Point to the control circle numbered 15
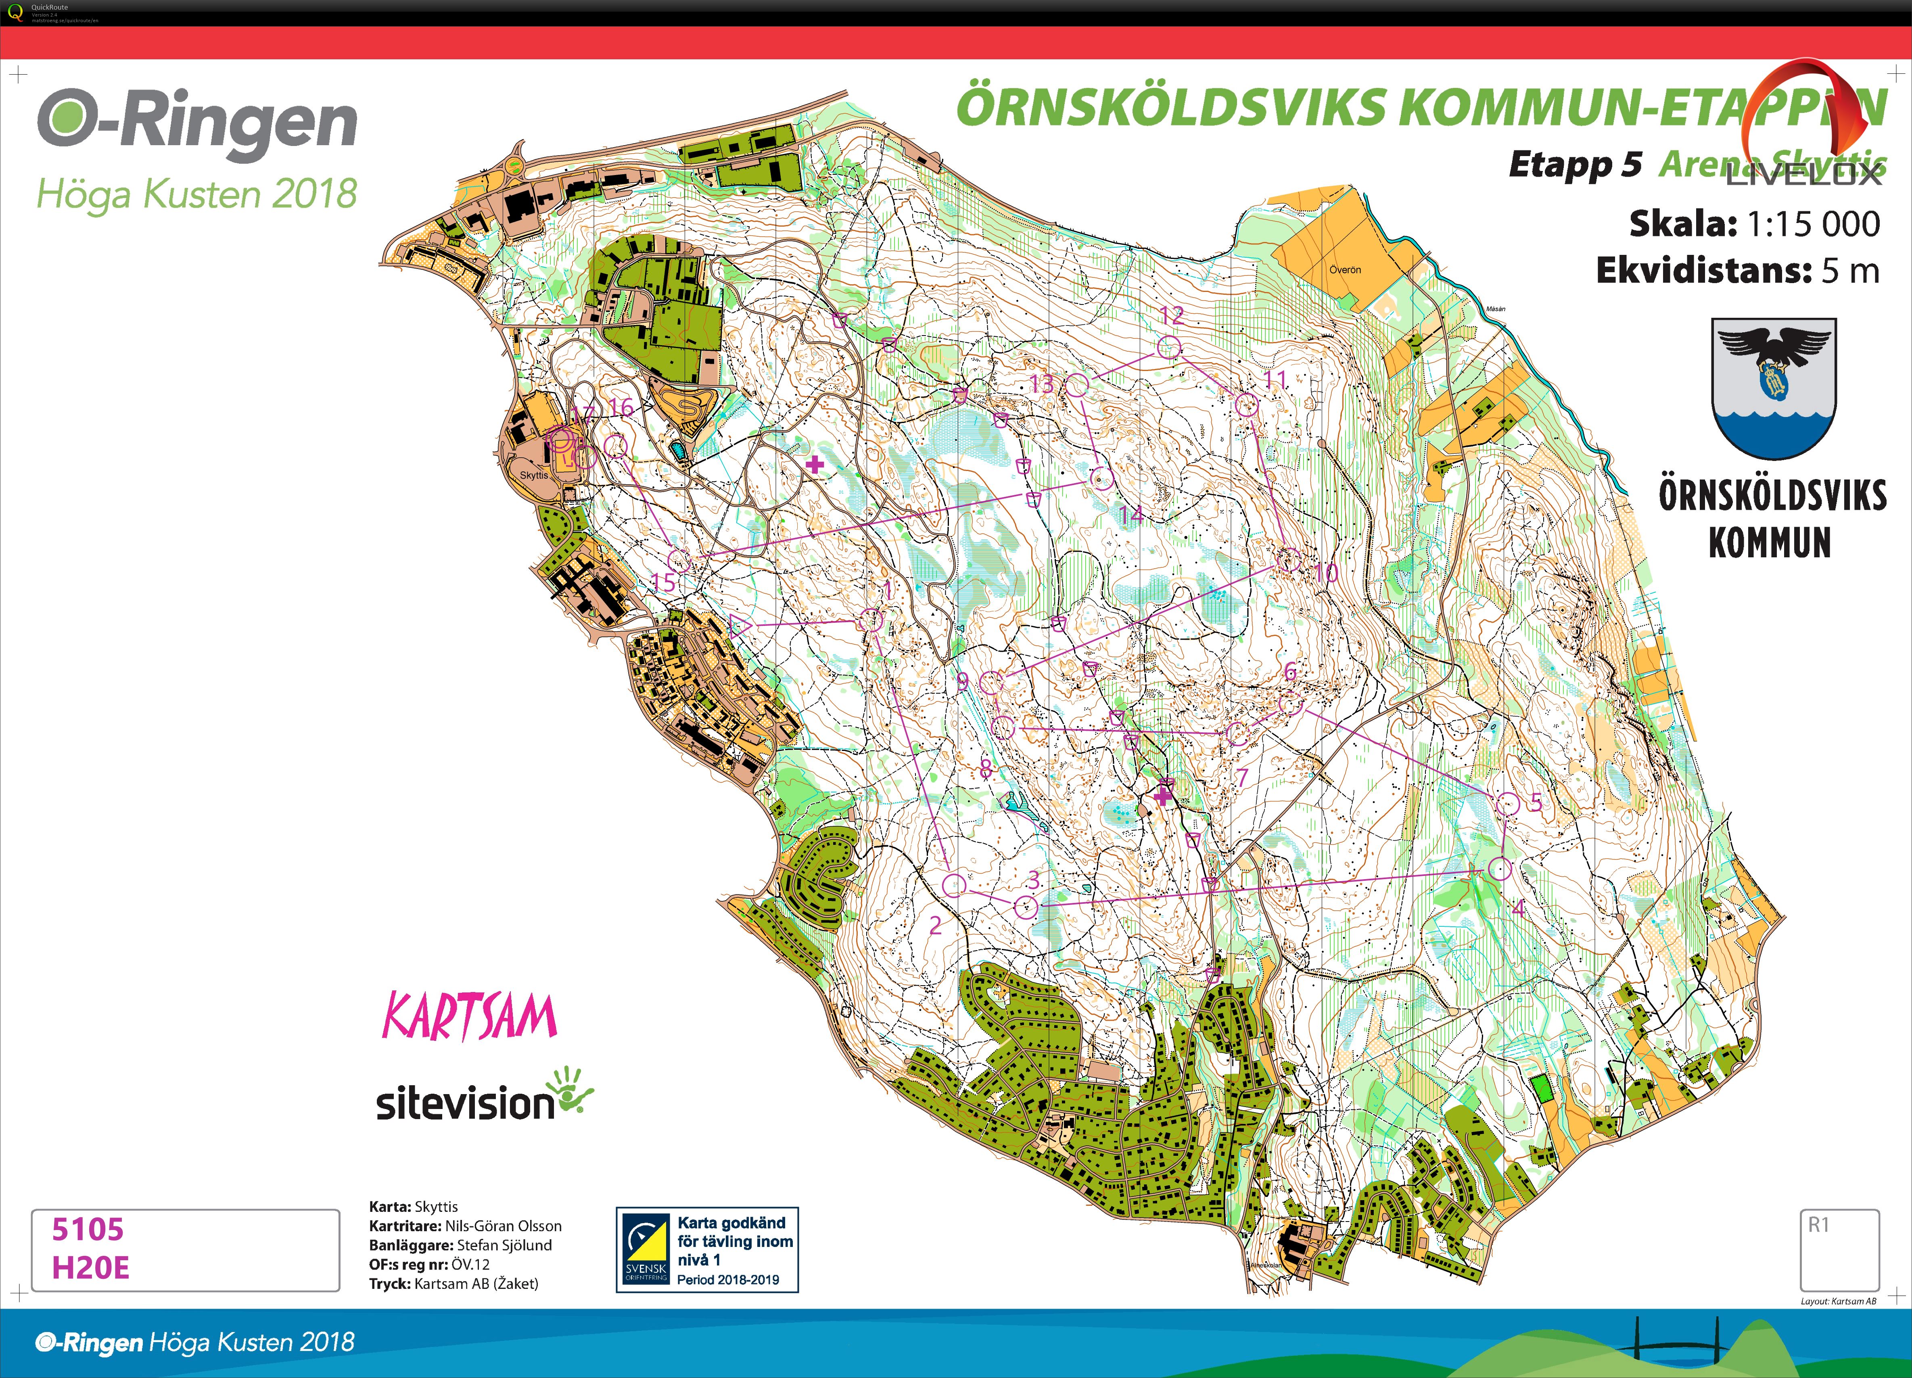[679, 560]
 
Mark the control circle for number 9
[991, 682]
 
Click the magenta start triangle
[739, 625]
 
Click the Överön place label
[1345, 270]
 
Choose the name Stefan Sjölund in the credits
[504, 1245]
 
